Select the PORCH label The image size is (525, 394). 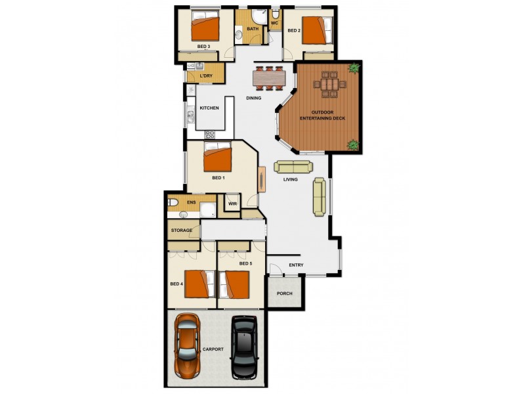pos(284,294)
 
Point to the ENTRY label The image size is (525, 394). pos(296,265)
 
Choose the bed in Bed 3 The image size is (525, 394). pos(205,28)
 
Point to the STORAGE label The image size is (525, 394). pos(182,230)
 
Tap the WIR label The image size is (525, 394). pos(232,204)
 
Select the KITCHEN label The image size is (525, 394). pos(209,108)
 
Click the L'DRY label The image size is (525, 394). pos(205,77)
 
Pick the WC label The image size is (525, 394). pos(275,24)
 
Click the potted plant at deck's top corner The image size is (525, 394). pos(354,67)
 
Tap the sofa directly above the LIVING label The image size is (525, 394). pos(293,167)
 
